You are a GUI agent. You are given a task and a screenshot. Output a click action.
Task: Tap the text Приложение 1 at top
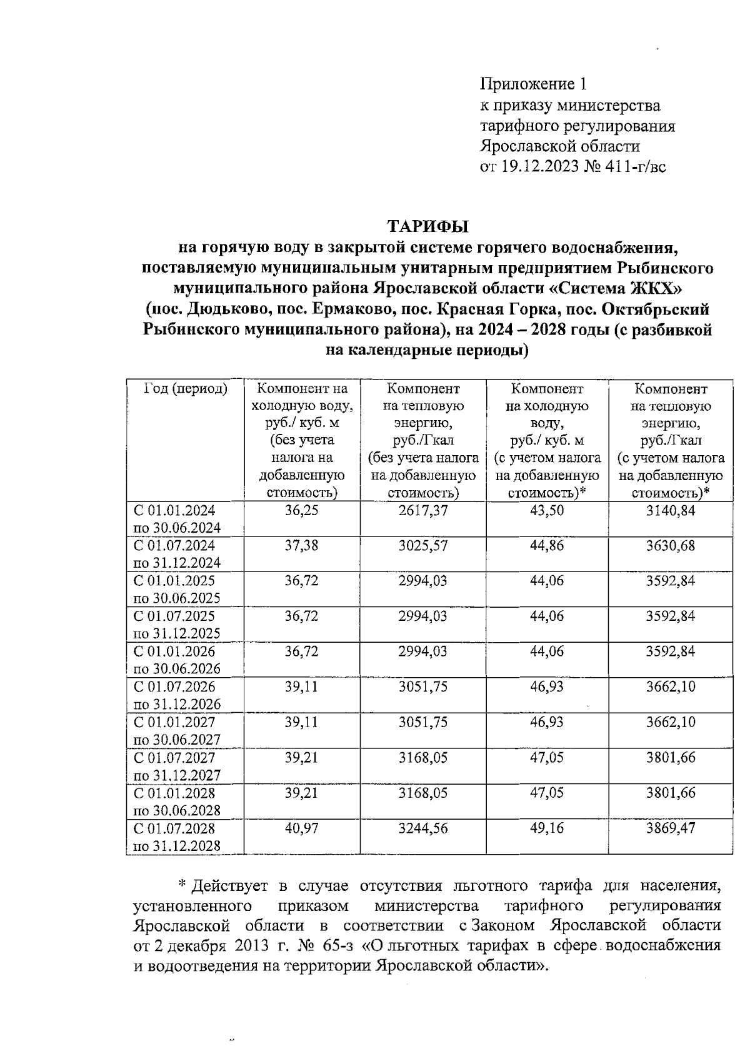(534, 84)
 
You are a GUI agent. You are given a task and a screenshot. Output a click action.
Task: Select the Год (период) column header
(186, 389)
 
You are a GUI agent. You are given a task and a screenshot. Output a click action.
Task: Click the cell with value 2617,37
(423, 510)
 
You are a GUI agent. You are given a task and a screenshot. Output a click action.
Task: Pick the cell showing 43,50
(547, 510)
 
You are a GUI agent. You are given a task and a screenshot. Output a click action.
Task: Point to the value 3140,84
(671, 510)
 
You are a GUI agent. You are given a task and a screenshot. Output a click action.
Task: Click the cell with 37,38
(301, 546)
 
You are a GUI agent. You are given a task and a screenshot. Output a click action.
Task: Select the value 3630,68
(671, 546)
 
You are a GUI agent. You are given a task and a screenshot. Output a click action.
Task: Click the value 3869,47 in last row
(671, 828)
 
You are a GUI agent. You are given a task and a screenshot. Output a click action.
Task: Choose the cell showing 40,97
(301, 828)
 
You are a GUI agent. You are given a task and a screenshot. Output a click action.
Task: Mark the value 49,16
(547, 828)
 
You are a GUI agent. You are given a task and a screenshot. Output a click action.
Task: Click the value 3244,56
(423, 828)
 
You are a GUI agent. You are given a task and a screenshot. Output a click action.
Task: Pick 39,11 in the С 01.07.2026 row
(301, 687)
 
